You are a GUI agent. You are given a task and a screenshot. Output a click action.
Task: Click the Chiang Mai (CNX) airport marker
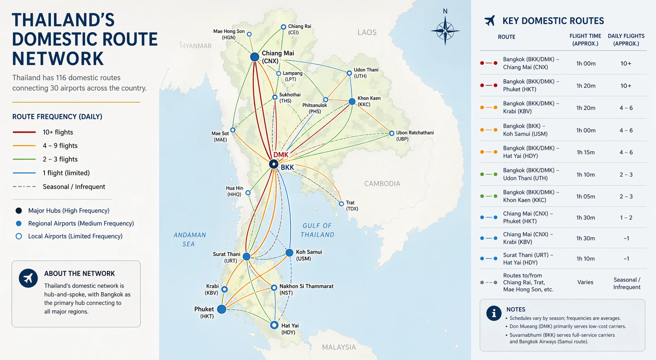255,57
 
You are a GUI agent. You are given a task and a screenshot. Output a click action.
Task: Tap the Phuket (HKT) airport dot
222,309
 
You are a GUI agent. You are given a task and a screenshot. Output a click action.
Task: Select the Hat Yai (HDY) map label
289,329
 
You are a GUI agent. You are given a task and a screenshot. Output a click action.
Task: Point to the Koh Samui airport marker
289,253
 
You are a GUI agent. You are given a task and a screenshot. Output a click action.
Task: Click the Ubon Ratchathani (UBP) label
415,136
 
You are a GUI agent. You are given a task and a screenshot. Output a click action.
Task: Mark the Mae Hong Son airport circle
249,34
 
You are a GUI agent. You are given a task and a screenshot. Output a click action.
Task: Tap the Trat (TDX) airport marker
341,204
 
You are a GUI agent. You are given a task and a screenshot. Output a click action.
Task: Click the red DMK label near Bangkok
281,155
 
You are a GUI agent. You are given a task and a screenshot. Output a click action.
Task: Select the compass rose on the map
445,30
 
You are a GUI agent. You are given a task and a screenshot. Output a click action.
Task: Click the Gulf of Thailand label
317,230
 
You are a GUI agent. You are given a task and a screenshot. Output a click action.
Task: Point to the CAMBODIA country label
382,184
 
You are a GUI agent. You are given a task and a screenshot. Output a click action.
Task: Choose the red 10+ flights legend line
24,132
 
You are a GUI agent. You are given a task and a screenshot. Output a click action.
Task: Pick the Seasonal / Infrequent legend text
74,187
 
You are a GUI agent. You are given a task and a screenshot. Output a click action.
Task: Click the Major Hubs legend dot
19,211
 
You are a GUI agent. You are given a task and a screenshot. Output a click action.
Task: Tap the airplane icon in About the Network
28,278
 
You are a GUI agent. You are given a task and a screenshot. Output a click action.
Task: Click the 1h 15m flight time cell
585,152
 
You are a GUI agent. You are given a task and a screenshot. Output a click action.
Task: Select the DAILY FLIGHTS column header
626,40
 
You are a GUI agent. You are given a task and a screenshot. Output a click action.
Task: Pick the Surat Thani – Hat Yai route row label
528,259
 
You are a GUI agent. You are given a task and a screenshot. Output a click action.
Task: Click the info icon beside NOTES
494,313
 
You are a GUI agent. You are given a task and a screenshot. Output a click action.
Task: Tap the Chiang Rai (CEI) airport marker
283,27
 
